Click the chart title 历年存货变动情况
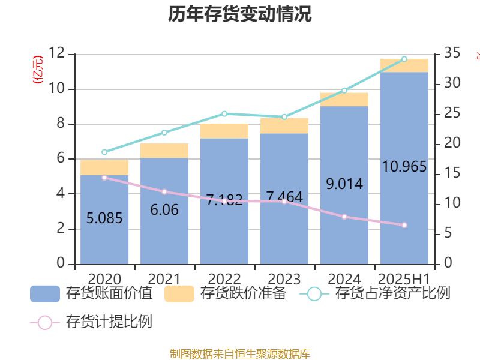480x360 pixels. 240,15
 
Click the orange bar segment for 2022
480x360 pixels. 224,131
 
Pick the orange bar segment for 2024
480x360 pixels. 344,99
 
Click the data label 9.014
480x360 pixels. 344,184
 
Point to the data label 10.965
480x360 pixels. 404,167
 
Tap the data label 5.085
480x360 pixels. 104,218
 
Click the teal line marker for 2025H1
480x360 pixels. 404,59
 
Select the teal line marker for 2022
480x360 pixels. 224,113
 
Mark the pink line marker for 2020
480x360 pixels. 104,178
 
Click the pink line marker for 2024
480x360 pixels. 344,217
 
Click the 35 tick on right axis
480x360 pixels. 453,54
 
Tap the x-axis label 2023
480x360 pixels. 284,279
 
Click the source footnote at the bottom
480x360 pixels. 240,354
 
